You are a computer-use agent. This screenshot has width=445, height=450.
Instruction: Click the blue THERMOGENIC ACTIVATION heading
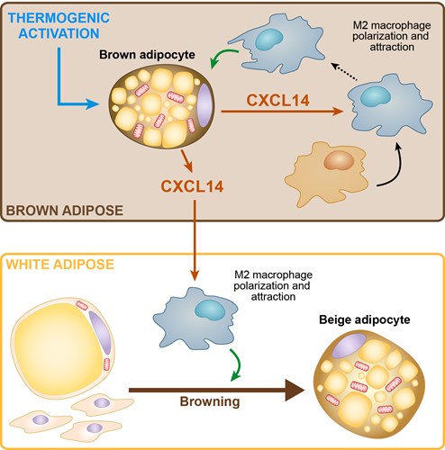(59, 26)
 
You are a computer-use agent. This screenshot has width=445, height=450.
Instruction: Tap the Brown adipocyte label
(147, 55)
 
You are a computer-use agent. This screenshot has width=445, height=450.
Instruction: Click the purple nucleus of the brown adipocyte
(204, 104)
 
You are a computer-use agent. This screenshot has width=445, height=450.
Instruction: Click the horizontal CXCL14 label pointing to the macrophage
(277, 100)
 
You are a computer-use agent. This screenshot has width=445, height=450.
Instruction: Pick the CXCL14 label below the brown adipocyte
(192, 186)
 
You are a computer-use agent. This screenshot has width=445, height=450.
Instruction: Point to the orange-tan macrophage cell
(327, 173)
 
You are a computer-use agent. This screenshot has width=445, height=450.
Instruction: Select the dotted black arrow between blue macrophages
(344, 71)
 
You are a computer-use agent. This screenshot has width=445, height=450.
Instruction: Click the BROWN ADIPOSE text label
(65, 211)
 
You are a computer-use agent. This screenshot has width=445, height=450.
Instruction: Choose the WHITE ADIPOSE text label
(60, 265)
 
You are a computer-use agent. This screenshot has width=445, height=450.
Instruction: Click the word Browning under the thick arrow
(210, 401)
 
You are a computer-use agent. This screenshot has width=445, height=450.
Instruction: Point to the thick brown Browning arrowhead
(295, 390)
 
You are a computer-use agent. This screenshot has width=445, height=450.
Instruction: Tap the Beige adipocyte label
(365, 319)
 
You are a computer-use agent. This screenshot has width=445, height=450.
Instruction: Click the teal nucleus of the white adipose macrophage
(210, 310)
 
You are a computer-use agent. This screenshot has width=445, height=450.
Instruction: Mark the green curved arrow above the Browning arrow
(237, 364)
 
